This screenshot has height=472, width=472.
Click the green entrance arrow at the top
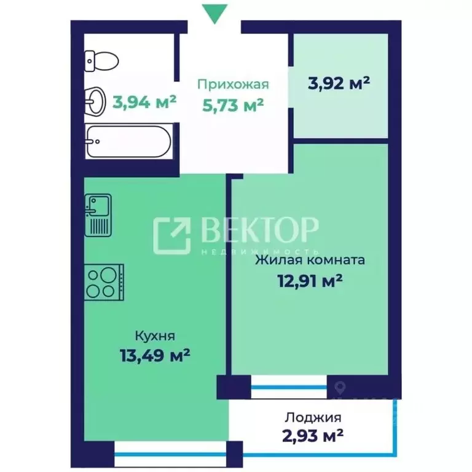pos(214,14)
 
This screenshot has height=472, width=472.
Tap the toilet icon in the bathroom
pos(101,61)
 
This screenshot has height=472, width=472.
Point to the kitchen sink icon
pos(98,215)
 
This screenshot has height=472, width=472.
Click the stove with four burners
pos(104,282)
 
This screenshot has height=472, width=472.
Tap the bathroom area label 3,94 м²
pos(144,102)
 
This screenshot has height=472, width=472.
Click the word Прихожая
pos(233,85)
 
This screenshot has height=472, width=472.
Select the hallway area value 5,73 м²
pos(233,105)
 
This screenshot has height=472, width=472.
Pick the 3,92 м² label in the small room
pos(339,83)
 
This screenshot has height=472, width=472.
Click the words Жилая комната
pos(310,260)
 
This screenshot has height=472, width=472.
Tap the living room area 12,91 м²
pos(310,281)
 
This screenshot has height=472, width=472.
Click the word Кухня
pos(155,336)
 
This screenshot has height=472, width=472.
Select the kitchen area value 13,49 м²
pos(155,355)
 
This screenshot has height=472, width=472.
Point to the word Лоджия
pos(313,417)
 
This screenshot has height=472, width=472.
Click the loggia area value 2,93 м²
pos(313,435)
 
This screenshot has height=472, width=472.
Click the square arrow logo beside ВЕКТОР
pos(172,235)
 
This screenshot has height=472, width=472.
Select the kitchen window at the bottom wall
pos(170,455)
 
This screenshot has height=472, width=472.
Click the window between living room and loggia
pos(289,387)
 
